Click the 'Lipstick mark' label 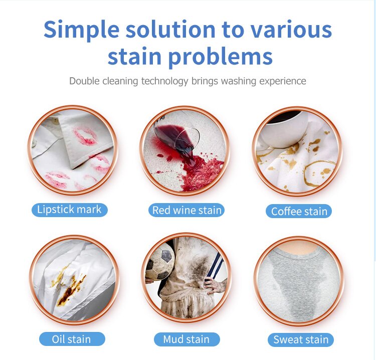pyautogui.click(x=70, y=209)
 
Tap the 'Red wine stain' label pyautogui.click(x=186, y=210)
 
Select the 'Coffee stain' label pyautogui.click(x=299, y=211)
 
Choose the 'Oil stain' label pyautogui.click(x=72, y=339)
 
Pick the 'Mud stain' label pyautogui.click(x=186, y=339)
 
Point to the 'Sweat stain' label pyautogui.click(x=300, y=340)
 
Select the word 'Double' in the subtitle pyautogui.click(x=85, y=81)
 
